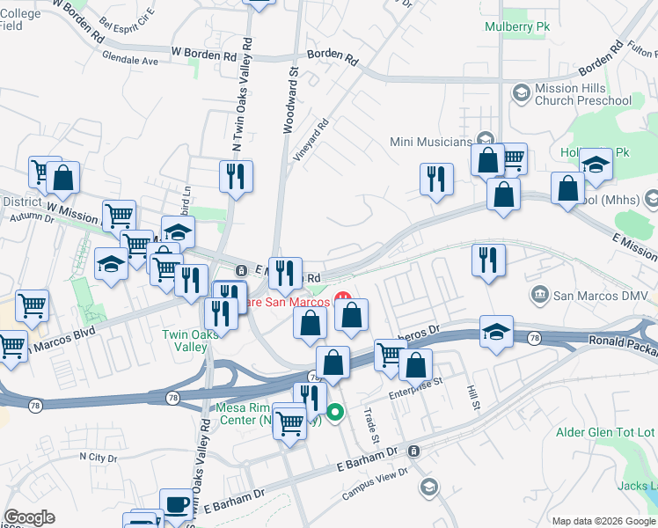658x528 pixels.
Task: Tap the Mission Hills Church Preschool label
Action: [582, 94]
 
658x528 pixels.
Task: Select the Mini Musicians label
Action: [431, 142]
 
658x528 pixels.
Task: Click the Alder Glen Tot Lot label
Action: [606, 432]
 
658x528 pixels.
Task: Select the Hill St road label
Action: [474, 394]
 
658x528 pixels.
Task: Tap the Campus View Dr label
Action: [376, 484]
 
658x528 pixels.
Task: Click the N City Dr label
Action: [98, 457]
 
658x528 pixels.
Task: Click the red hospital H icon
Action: [344, 300]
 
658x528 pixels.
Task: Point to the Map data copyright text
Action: [603, 521]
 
